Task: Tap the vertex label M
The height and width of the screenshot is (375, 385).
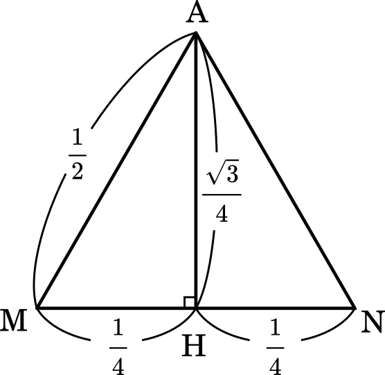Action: [14, 320]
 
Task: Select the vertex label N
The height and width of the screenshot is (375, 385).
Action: [373, 322]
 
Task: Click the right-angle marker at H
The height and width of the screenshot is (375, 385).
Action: [189, 302]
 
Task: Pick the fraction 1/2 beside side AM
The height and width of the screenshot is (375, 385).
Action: [78, 155]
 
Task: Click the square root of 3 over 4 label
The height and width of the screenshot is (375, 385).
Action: [222, 191]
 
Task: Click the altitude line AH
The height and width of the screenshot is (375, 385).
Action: [196, 170]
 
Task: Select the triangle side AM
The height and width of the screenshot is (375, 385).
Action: [116, 170]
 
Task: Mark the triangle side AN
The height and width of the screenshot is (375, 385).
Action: [276, 170]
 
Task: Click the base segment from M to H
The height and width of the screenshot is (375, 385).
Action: [116, 308]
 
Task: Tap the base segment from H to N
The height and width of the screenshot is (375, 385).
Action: [276, 308]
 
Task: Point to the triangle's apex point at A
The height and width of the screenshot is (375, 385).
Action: [196, 32]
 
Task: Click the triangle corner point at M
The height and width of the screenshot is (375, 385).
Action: [37, 308]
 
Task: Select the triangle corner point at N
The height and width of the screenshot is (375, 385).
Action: [355, 308]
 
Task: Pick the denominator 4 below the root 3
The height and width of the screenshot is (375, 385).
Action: [222, 213]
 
